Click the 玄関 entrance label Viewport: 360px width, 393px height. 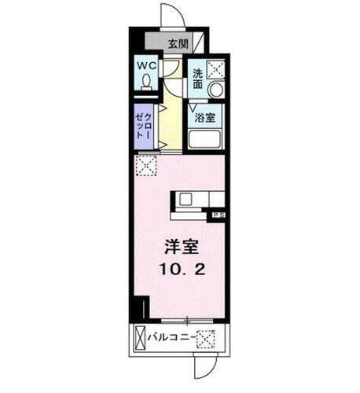click(177, 44)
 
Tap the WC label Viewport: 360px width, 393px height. click(147, 68)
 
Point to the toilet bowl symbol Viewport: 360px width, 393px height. click(147, 83)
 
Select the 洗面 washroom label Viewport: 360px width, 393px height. click(199, 79)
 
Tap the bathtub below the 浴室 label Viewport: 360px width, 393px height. click(207, 141)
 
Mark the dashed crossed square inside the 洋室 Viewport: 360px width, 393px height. click(145, 167)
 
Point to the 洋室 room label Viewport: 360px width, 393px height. click(180, 246)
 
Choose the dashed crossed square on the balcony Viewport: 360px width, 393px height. click(205, 340)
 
